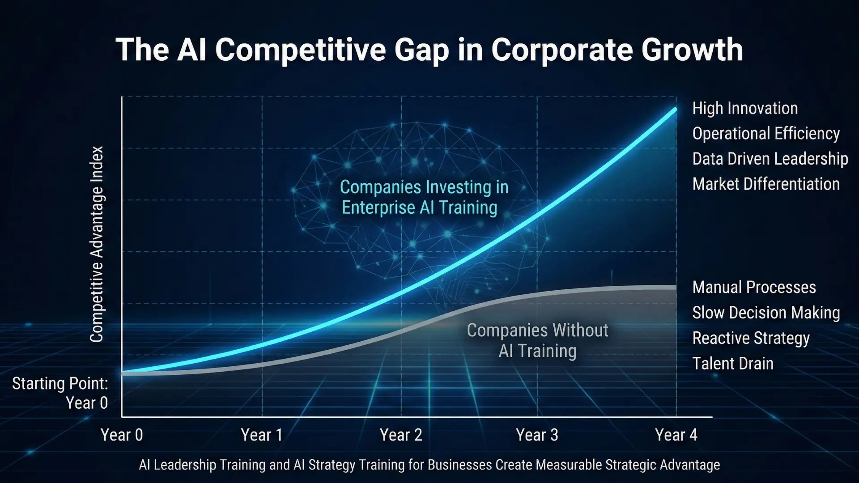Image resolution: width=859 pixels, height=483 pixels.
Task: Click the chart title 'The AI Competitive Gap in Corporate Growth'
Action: (x=429, y=50)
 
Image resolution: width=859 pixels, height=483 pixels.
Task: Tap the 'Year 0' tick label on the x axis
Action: (x=122, y=435)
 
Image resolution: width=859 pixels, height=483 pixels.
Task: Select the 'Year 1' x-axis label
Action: (x=262, y=435)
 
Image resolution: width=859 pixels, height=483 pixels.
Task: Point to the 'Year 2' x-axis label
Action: (x=401, y=435)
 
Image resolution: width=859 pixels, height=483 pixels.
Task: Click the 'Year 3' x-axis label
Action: (x=537, y=435)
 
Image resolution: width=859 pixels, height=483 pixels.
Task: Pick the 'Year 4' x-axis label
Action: (x=676, y=435)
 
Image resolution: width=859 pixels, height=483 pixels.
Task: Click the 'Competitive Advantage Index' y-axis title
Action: (x=97, y=244)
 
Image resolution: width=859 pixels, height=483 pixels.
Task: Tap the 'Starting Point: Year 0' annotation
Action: (x=60, y=393)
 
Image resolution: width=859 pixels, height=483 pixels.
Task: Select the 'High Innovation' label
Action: (x=745, y=108)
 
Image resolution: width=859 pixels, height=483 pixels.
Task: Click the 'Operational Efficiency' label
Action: (x=766, y=134)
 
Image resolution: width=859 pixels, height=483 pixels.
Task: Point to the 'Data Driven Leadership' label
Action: (x=770, y=159)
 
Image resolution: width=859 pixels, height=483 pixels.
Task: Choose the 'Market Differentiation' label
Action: (x=766, y=184)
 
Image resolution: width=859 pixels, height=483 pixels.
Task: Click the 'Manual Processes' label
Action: (x=754, y=287)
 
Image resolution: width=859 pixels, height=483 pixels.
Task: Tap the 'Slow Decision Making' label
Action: (x=766, y=313)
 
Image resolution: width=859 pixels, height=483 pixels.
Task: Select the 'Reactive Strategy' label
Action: (x=751, y=338)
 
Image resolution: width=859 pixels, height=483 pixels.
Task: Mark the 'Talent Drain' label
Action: (x=733, y=364)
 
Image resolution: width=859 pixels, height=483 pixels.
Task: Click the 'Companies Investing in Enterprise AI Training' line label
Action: (x=424, y=197)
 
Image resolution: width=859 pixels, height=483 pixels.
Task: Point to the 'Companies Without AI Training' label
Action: (x=537, y=340)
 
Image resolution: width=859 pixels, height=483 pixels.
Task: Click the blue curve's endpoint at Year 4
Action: (x=675, y=110)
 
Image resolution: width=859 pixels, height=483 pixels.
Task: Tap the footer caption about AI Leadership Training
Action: (x=429, y=465)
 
